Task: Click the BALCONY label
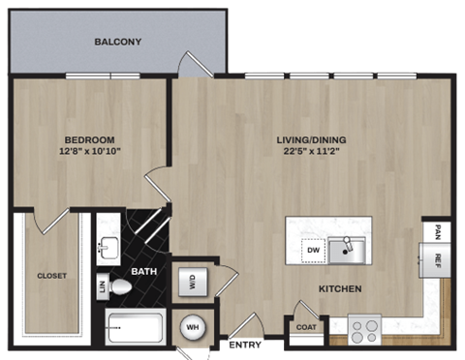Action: tap(118, 42)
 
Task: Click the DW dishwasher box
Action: tap(311, 250)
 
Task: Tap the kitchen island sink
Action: tap(346, 252)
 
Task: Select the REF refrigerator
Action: tap(438, 258)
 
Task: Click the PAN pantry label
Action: tap(438, 231)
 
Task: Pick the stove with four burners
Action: tap(366, 330)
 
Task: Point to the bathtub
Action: tap(133, 330)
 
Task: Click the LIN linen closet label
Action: tap(102, 285)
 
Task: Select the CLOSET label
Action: tap(51, 276)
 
